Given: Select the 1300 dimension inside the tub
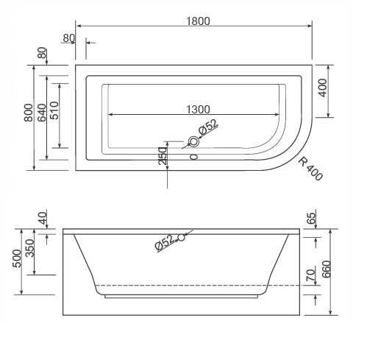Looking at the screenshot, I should pos(193,109).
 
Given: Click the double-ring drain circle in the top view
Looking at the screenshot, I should pos(195,141).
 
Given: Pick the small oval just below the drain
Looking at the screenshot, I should pos(195,156).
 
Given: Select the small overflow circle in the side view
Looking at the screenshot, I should pos(181,237).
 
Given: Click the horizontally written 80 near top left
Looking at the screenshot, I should pos(70,38).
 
